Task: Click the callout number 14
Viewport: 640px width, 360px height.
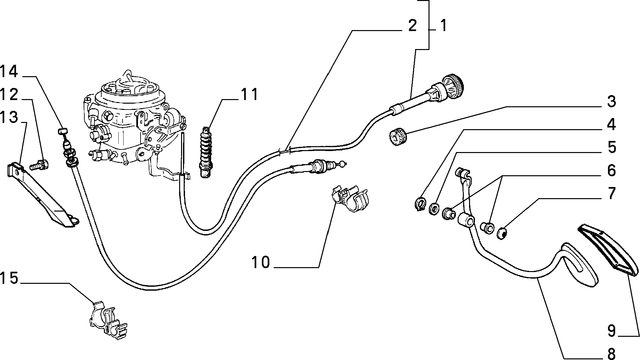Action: coord(9,72)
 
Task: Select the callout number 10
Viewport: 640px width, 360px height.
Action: coord(261,262)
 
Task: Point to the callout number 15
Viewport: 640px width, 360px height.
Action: coord(9,279)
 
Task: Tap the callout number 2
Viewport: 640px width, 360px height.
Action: coord(413,26)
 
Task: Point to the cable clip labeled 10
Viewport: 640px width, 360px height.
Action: coord(350,198)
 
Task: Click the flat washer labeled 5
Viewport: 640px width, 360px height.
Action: coord(434,209)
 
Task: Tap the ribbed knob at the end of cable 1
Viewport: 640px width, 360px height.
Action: coord(453,86)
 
